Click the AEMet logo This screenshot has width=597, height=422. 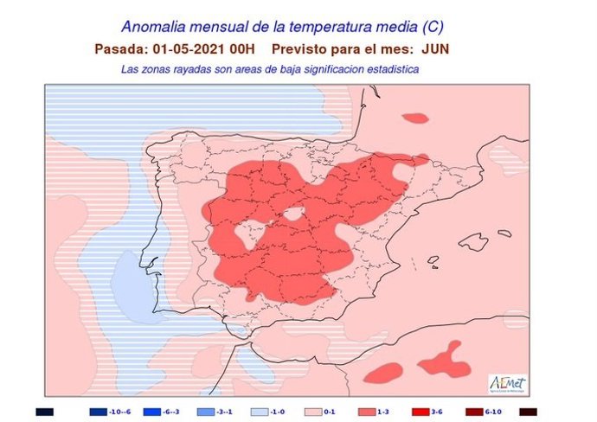coord(508,382)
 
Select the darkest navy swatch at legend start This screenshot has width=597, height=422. coord(45,412)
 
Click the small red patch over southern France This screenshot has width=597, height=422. coord(416,118)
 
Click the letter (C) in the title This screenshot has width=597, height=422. coord(440,28)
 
